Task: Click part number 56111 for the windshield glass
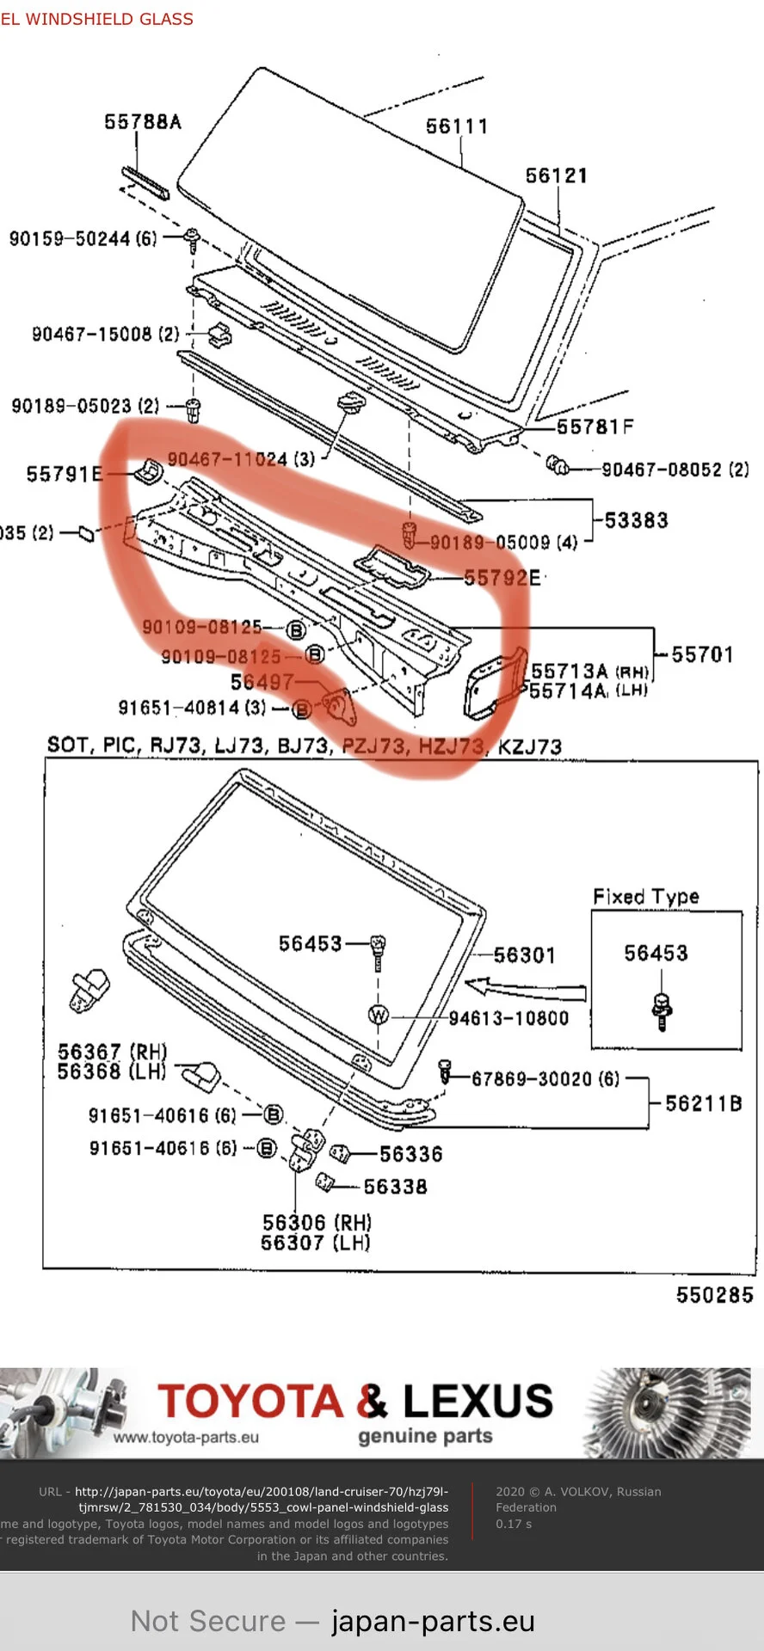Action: [457, 126]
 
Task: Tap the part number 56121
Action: [556, 175]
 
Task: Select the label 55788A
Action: [143, 122]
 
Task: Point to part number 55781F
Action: [595, 427]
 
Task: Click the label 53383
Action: [636, 519]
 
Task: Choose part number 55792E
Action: [502, 578]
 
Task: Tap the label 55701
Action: [702, 654]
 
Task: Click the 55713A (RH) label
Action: [589, 671]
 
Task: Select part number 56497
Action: [262, 682]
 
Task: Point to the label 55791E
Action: [65, 474]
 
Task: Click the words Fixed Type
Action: [645, 896]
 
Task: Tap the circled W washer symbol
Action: [379, 1016]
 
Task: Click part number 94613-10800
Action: [508, 1018]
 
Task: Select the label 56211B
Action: [703, 1103]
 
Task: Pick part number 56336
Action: [410, 1154]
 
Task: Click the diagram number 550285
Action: [714, 1295]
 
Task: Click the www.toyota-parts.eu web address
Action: [186, 1437]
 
